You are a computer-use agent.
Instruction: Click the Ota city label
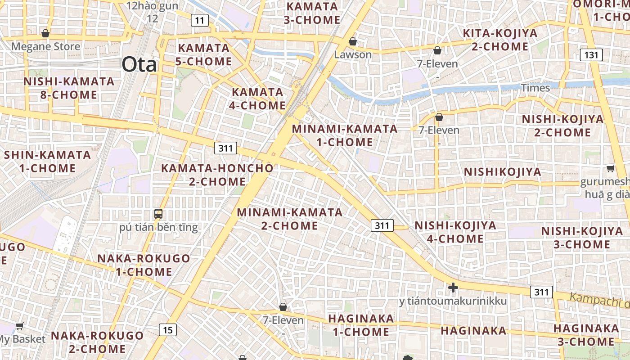(139, 64)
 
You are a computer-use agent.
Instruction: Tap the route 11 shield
(199, 20)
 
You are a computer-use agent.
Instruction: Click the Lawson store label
(353, 54)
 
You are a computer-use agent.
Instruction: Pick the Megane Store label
(46, 46)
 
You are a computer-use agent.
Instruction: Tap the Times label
(535, 88)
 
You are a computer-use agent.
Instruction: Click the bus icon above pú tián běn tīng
(158, 214)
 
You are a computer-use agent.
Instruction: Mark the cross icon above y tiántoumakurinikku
(453, 287)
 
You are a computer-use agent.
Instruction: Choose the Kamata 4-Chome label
(259, 99)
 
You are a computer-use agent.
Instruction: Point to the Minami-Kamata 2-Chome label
(290, 219)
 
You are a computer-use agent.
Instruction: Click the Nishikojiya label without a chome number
(503, 172)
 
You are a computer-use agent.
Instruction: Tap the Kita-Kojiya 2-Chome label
(500, 40)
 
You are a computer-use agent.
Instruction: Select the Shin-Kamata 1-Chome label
(47, 162)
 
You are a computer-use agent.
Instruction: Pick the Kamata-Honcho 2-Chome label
(217, 175)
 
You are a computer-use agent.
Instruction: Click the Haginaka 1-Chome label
(361, 325)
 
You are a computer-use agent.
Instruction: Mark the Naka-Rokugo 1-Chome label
(144, 265)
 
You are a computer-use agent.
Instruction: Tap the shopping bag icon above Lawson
(353, 41)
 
